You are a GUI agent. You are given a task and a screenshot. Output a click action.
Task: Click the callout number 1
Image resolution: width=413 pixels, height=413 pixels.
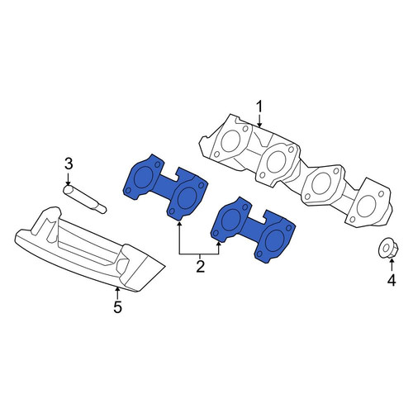pos(259,107)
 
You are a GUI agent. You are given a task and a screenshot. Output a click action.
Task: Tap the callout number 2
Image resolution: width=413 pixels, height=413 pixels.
pos(201,266)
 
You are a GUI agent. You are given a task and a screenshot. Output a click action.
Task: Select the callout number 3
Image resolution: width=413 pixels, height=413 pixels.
pos(69,164)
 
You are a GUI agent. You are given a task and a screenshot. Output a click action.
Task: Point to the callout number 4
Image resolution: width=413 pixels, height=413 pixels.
pos(392,280)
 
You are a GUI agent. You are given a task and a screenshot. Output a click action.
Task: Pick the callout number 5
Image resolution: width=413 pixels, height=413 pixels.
pos(117,306)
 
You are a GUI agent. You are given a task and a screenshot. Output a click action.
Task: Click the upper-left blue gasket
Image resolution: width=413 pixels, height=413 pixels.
pos(164,188)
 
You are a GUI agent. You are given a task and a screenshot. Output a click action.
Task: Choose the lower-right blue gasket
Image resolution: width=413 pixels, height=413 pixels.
pos(253,230)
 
